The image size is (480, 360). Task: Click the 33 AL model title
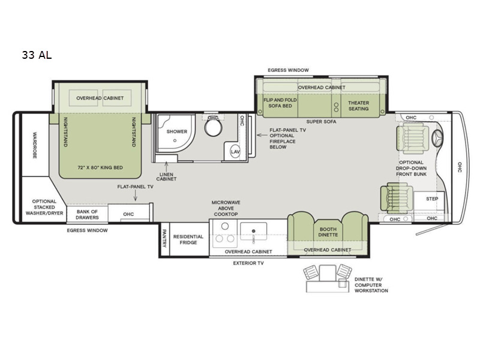click(x=37, y=55)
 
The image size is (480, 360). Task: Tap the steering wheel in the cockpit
click(x=438, y=139)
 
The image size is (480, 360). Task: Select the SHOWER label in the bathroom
click(x=176, y=131)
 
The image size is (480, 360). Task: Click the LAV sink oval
click(x=235, y=152)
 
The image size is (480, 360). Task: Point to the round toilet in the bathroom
click(x=214, y=127)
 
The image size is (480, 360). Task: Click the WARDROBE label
click(x=35, y=145)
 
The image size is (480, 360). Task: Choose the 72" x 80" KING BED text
click(x=100, y=167)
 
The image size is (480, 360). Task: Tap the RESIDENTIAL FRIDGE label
click(x=188, y=239)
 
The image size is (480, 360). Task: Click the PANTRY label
click(x=164, y=238)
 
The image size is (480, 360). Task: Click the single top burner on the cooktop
click(x=225, y=227)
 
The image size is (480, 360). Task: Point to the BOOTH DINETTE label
click(x=328, y=232)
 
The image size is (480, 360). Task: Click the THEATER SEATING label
click(x=358, y=106)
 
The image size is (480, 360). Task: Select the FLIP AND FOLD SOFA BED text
click(x=280, y=103)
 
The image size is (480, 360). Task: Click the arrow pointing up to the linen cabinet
click(x=166, y=167)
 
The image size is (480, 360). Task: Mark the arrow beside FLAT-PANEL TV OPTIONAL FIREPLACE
click(x=262, y=134)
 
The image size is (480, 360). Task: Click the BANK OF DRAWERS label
click(x=87, y=215)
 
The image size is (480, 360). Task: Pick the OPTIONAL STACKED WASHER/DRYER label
click(x=44, y=207)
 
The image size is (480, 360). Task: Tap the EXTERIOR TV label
click(x=248, y=263)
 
